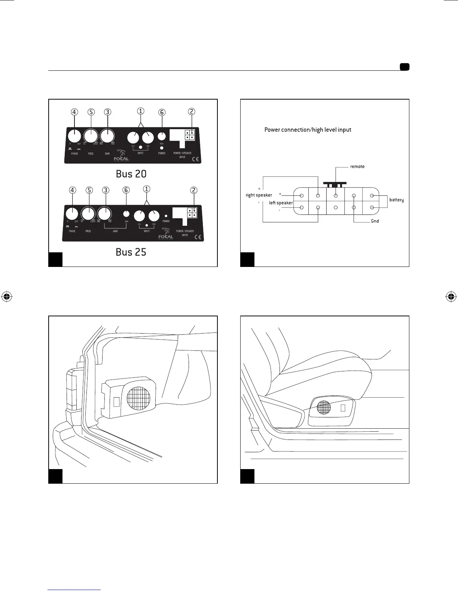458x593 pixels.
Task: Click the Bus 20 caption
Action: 131,174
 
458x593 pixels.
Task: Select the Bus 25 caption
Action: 131,252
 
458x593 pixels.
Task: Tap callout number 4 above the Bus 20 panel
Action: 74,112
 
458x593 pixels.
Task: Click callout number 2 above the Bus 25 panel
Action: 193,190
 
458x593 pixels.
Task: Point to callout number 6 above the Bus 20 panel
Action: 162,112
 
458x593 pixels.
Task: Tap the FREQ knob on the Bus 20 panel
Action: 91,136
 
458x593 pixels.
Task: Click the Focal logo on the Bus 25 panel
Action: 166,236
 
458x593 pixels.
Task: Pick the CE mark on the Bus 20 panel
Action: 196,159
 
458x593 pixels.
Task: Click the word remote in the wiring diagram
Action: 357,167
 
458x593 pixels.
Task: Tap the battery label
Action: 396,200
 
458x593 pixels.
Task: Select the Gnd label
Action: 375,221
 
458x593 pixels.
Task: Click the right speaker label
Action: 259,195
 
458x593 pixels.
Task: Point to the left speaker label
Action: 281,203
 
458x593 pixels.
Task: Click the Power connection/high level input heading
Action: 308,130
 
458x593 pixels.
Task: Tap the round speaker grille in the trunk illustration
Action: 139,398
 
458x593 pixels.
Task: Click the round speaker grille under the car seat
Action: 324,407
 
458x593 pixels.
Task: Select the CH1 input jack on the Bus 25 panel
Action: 140,216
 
